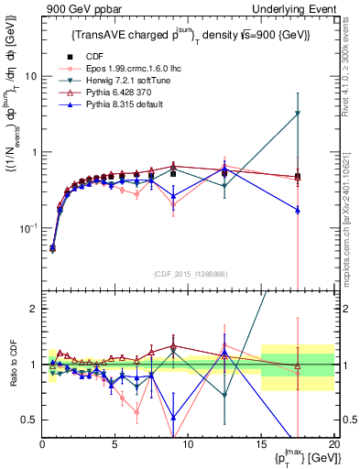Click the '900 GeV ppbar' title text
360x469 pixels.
[x=77, y=8]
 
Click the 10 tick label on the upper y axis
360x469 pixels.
[x=30, y=77]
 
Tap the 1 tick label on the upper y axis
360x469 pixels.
[x=33, y=152]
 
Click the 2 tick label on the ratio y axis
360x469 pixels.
[x=33, y=309]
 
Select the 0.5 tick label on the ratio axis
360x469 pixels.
[x=29, y=420]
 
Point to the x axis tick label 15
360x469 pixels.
[x=261, y=443]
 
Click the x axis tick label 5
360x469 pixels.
[x=115, y=443]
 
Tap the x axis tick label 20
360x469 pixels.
[x=333, y=443]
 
